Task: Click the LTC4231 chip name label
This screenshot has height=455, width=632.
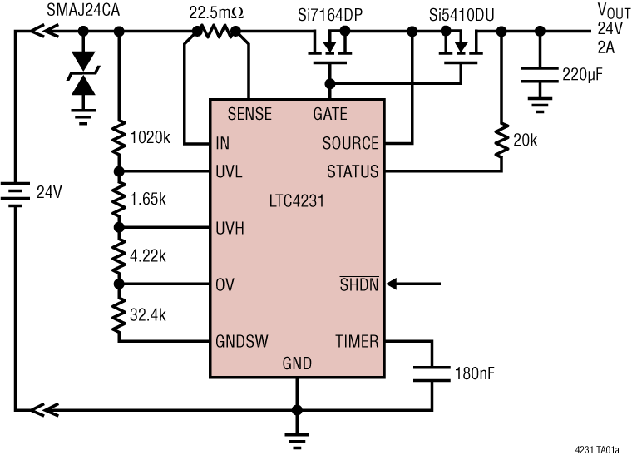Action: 296,200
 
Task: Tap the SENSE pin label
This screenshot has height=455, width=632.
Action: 249,114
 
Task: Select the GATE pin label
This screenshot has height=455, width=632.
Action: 330,114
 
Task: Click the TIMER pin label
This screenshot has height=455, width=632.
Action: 356,341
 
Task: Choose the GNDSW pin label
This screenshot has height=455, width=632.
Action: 241,341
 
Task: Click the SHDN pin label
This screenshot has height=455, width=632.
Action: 359,285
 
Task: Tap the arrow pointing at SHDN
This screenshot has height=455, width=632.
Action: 412,285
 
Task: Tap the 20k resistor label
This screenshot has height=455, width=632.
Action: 525,141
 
